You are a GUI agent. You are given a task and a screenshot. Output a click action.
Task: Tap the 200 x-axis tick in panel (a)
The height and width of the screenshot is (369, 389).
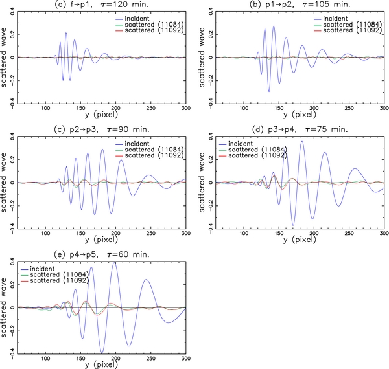coord(115,107)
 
